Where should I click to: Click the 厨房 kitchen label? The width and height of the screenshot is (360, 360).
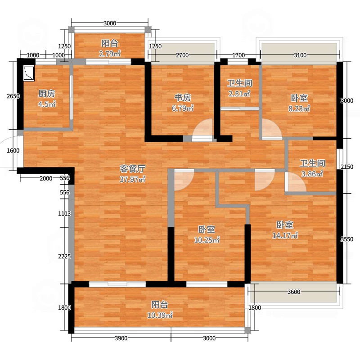(x=47, y=94)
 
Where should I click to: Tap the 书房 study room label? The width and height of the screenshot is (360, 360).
(x=183, y=98)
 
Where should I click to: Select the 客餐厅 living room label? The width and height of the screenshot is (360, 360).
(x=132, y=169)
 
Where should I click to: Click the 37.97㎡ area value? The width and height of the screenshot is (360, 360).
(x=132, y=179)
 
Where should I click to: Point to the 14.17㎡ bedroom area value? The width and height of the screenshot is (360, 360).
(x=285, y=235)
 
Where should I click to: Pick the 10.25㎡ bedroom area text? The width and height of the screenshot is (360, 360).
(x=207, y=240)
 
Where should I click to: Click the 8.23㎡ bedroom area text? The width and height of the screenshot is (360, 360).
(x=299, y=108)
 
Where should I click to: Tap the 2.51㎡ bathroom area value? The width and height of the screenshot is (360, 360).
(x=239, y=94)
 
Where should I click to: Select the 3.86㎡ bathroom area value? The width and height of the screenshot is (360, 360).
(x=312, y=174)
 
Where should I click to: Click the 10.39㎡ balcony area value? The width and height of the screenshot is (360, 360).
(x=160, y=315)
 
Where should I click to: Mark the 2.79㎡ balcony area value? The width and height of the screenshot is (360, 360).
(x=110, y=54)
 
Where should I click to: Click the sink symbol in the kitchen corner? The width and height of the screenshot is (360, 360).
(x=29, y=73)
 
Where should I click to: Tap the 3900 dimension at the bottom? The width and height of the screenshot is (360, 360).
(x=121, y=338)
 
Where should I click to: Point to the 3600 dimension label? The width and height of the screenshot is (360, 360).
(x=294, y=292)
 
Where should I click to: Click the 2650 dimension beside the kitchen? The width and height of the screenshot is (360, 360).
(x=13, y=96)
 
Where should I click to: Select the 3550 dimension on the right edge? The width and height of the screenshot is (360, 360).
(x=346, y=239)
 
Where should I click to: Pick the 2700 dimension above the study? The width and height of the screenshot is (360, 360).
(x=182, y=55)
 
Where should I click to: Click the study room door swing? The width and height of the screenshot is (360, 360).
(x=202, y=129)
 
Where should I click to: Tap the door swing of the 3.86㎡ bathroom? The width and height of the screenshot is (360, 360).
(x=296, y=182)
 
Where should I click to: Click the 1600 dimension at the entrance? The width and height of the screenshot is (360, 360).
(x=13, y=151)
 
